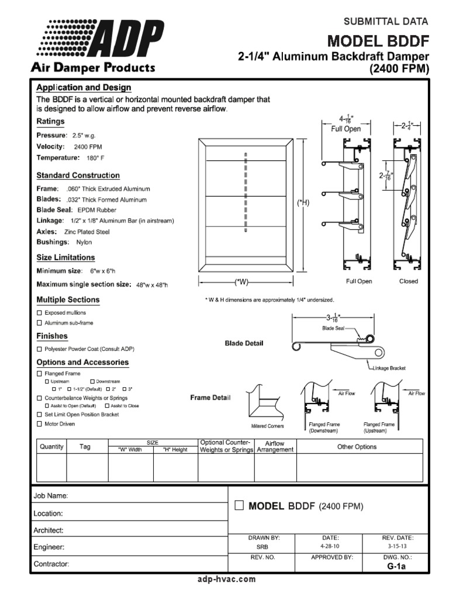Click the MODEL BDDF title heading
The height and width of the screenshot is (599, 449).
(x=378, y=41)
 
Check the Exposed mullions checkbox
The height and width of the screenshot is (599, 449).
(x=39, y=313)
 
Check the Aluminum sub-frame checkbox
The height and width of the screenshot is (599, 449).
(x=39, y=322)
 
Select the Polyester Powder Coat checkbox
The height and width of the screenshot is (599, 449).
(x=39, y=349)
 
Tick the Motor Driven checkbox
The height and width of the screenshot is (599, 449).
(x=39, y=424)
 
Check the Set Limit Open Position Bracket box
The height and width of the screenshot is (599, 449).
(x=39, y=414)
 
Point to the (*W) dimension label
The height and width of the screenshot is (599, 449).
(x=241, y=282)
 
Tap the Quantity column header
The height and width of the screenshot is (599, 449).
(x=51, y=446)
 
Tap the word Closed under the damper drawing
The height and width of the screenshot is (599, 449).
(x=408, y=281)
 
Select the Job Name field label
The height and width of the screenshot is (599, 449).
(x=51, y=495)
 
